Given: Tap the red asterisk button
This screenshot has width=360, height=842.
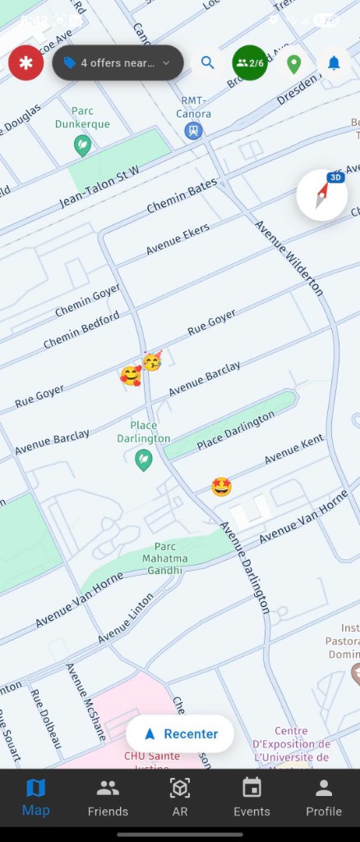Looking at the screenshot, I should pos(26,63).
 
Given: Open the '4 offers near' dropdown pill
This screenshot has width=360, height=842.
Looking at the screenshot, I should pos(118,63).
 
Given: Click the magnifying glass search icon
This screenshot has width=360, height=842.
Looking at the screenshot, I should pos(208,62).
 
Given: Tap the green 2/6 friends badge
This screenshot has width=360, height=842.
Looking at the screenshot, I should pos(250,63).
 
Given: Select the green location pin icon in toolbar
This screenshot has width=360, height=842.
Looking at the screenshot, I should pos(293,63).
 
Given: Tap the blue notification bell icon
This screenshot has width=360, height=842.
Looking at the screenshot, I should pos(334,63).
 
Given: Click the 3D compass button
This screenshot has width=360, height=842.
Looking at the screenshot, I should pos(322,195).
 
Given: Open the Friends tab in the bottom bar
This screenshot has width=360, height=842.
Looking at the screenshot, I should pos(108,798).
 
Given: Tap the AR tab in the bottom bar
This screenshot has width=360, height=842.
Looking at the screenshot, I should pos(179,798).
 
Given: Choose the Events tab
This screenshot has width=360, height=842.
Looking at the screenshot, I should pos(252,798).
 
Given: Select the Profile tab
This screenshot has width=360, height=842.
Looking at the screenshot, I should pos(324,798).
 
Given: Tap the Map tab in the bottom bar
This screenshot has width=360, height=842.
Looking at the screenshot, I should pos(36,798).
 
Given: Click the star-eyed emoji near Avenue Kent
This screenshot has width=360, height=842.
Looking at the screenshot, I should pos(221,487).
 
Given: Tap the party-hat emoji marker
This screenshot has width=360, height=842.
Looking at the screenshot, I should pos(152,360).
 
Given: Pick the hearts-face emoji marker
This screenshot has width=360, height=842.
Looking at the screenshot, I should pos(130,376).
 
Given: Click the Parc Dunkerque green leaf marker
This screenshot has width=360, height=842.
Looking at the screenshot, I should pos(82,146).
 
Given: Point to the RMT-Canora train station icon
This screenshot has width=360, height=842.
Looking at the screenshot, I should pos(193,130).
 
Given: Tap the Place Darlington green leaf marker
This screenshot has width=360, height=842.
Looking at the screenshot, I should pos(144,460).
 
